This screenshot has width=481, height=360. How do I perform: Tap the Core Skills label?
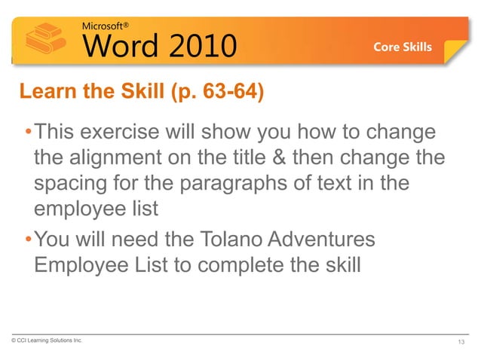pyautogui.click(x=403, y=47)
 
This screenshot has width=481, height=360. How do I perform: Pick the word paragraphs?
pyautogui.click(x=235, y=185)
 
